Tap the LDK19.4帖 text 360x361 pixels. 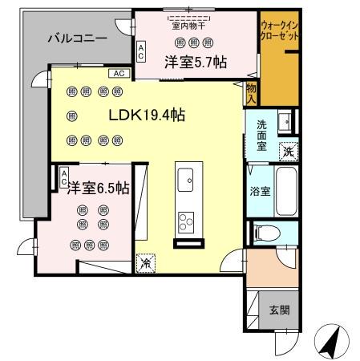coord(148,116)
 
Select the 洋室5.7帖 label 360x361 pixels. coord(194,62)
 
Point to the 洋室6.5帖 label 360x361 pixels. coord(98,188)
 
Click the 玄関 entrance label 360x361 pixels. coord(278,310)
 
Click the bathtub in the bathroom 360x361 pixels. coord(285,190)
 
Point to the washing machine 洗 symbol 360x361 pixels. coord(287,149)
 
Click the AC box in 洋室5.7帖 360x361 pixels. coord(142,53)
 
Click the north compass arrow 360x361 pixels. coord(330,342)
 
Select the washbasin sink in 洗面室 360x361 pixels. coord(285,123)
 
